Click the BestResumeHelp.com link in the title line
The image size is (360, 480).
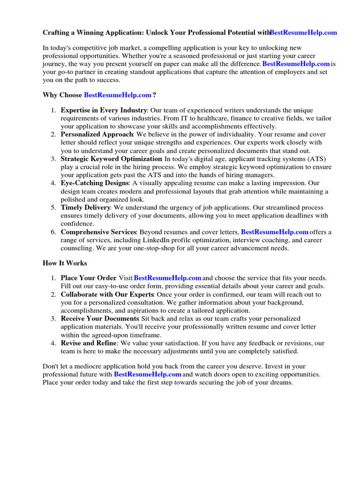coord(303,33)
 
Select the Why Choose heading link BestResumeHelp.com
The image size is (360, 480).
coord(117,95)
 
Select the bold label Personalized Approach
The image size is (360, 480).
coord(97,135)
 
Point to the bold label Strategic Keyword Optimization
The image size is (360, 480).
coord(111,159)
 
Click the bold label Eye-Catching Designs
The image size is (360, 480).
coord(94,183)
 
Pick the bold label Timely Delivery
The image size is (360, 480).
coord(85,207)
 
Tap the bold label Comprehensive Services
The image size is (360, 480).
coord(98,232)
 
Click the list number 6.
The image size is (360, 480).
coord(53,232)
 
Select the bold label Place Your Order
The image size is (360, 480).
coord(88,278)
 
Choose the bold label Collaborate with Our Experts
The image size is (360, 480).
coord(107,294)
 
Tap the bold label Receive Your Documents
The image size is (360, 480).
coord(99,319)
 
